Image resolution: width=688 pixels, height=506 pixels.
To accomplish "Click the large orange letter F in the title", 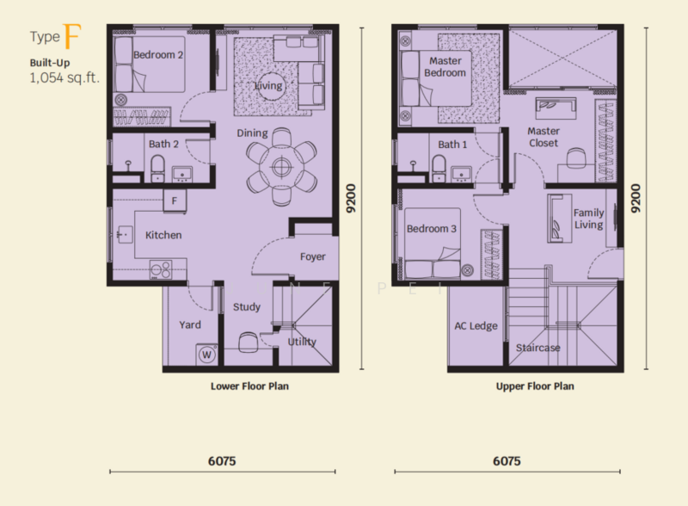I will click(73, 38).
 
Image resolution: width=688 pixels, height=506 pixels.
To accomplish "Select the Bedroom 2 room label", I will click(158, 55).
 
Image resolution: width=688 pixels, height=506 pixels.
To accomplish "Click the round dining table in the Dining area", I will click(280, 165).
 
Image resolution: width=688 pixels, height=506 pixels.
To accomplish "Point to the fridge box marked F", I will click(175, 201).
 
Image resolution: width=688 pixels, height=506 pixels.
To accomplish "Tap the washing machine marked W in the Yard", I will click(206, 354).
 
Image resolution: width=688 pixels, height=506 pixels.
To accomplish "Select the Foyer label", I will click(312, 257).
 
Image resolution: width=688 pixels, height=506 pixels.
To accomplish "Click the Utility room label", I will click(302, 342).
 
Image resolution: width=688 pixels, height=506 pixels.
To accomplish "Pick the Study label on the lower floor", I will click(247, 306).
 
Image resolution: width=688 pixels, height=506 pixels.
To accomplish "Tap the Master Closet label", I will click(544, 137).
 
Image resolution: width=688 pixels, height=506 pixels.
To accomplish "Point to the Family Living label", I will click(589, 219).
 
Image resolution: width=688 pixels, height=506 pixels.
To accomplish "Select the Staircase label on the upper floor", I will click(538, 348).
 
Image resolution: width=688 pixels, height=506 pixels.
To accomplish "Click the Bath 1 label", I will click(452, 145).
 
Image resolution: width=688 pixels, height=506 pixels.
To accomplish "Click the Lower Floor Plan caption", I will click(249, 386).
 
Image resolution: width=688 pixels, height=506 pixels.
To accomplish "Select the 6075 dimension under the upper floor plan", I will click(507, 461).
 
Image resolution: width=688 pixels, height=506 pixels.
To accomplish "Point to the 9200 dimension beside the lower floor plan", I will click(350, 200).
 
